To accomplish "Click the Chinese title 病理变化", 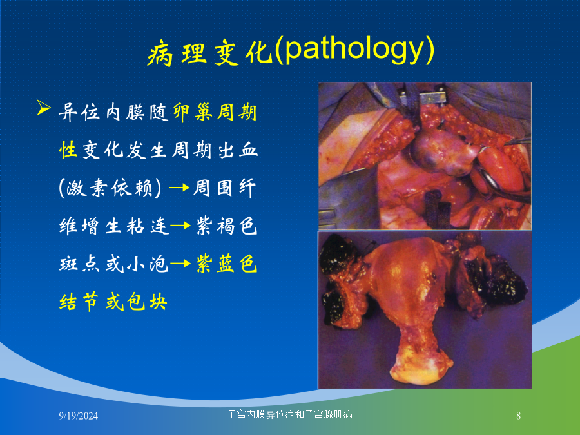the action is coord(209,53).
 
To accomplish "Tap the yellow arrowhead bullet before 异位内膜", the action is coord(44,108).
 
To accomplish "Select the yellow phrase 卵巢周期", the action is coord(215,112).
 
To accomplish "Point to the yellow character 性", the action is coord(68,150).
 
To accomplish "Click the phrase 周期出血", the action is coord(215,150).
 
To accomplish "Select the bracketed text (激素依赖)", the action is coord(110,188).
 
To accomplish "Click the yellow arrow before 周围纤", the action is coord(179,188).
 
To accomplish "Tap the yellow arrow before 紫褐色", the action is coord(181,226).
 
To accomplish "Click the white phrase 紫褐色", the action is coord(226,226).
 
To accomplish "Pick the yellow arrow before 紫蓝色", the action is coord(181,264).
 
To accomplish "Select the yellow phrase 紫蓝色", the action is coord(226,264).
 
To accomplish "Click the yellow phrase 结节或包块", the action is coord(113,301).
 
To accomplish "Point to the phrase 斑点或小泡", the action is coord(114,264).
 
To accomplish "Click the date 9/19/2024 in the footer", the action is coord(79,416).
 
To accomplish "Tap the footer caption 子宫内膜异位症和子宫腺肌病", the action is coord(289,414).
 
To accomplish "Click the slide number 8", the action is coord(518,416).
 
